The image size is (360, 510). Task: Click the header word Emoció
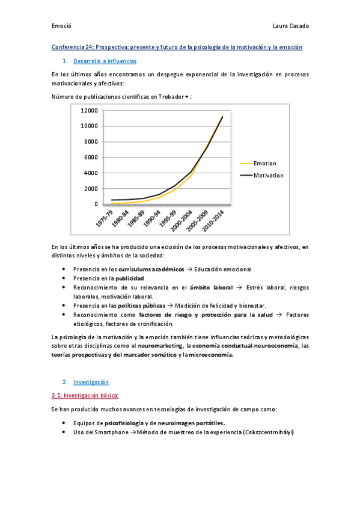pyautogui.click(x=61, y=26)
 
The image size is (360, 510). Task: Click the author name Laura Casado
pyautogui.click(x=291, y=26)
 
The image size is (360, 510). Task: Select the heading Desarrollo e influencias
pyautogui.click(x=105, y=61)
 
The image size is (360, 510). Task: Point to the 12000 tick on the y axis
pyautogui.click(x=89, y=111)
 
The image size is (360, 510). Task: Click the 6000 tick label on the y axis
pyautogui.click(x=91, y=158)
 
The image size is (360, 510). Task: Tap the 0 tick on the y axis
pyautogui.click(x=96, y=204)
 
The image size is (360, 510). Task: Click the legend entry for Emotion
pyautogui.click(x=265, y=164)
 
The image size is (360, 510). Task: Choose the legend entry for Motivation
pyautogui.click(x=268, y=176)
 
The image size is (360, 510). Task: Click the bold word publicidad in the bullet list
pyautogui.click(x=129, y=278)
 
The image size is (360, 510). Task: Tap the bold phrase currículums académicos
pyautogui.click(x=151, y=269)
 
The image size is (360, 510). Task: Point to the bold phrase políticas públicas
pyautogui.click(x=141, y=306)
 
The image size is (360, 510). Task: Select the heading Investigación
pyautogui.click(x=91, y=382)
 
